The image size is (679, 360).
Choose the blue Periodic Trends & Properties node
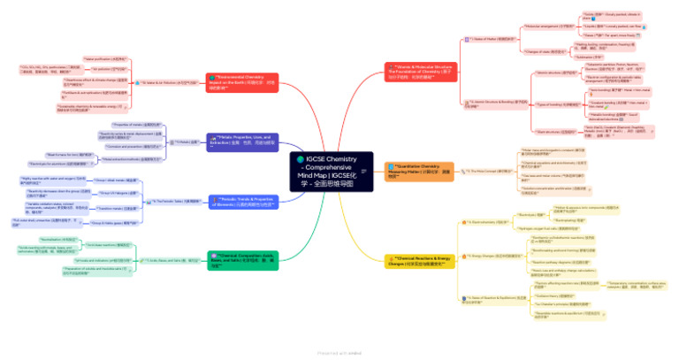[x=243, y=203]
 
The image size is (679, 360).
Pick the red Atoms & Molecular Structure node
[x=421, y=72]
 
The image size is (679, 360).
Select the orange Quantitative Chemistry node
[x=420, y=171]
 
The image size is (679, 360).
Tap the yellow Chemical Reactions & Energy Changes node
[x=421, y=261]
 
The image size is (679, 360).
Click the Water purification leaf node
[x=105, y=58]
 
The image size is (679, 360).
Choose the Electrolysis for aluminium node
[x=72, y=165]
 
